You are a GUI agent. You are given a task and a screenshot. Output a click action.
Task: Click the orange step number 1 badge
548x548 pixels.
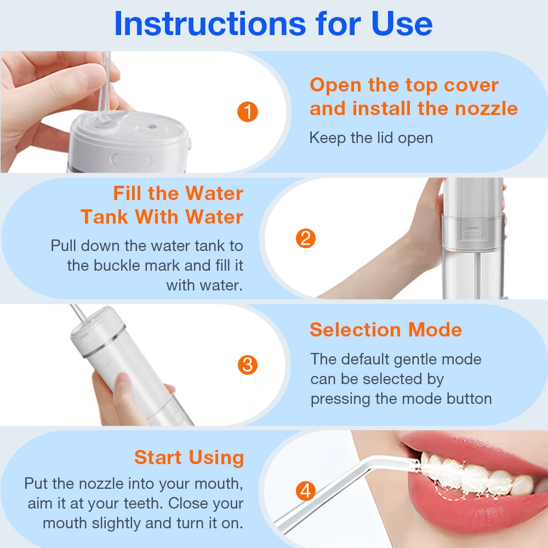click(248, 112)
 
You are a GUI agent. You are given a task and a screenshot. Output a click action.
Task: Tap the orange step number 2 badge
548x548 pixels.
click(305, 238)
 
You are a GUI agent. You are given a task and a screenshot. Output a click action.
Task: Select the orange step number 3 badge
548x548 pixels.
click(248, 365)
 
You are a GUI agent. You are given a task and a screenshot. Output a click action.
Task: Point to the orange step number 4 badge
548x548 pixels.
click(305, 490)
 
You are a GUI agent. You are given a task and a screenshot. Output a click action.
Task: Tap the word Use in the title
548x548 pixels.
click(402, 24)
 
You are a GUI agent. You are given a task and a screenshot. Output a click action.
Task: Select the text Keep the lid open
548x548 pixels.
click(371, 138)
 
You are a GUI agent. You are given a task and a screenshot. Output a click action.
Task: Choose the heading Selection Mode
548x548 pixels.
click(385, 329)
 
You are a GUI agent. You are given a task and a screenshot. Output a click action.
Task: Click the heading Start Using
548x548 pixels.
click(189, 458)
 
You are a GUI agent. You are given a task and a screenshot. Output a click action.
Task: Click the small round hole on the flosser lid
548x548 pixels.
click(151, 126)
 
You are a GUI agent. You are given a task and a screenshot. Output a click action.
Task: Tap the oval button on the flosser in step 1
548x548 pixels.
click(132, 161)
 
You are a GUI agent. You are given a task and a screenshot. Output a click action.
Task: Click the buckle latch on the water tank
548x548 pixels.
click(471, 233)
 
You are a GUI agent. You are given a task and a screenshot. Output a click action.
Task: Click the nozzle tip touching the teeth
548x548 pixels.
click(416, 466)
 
